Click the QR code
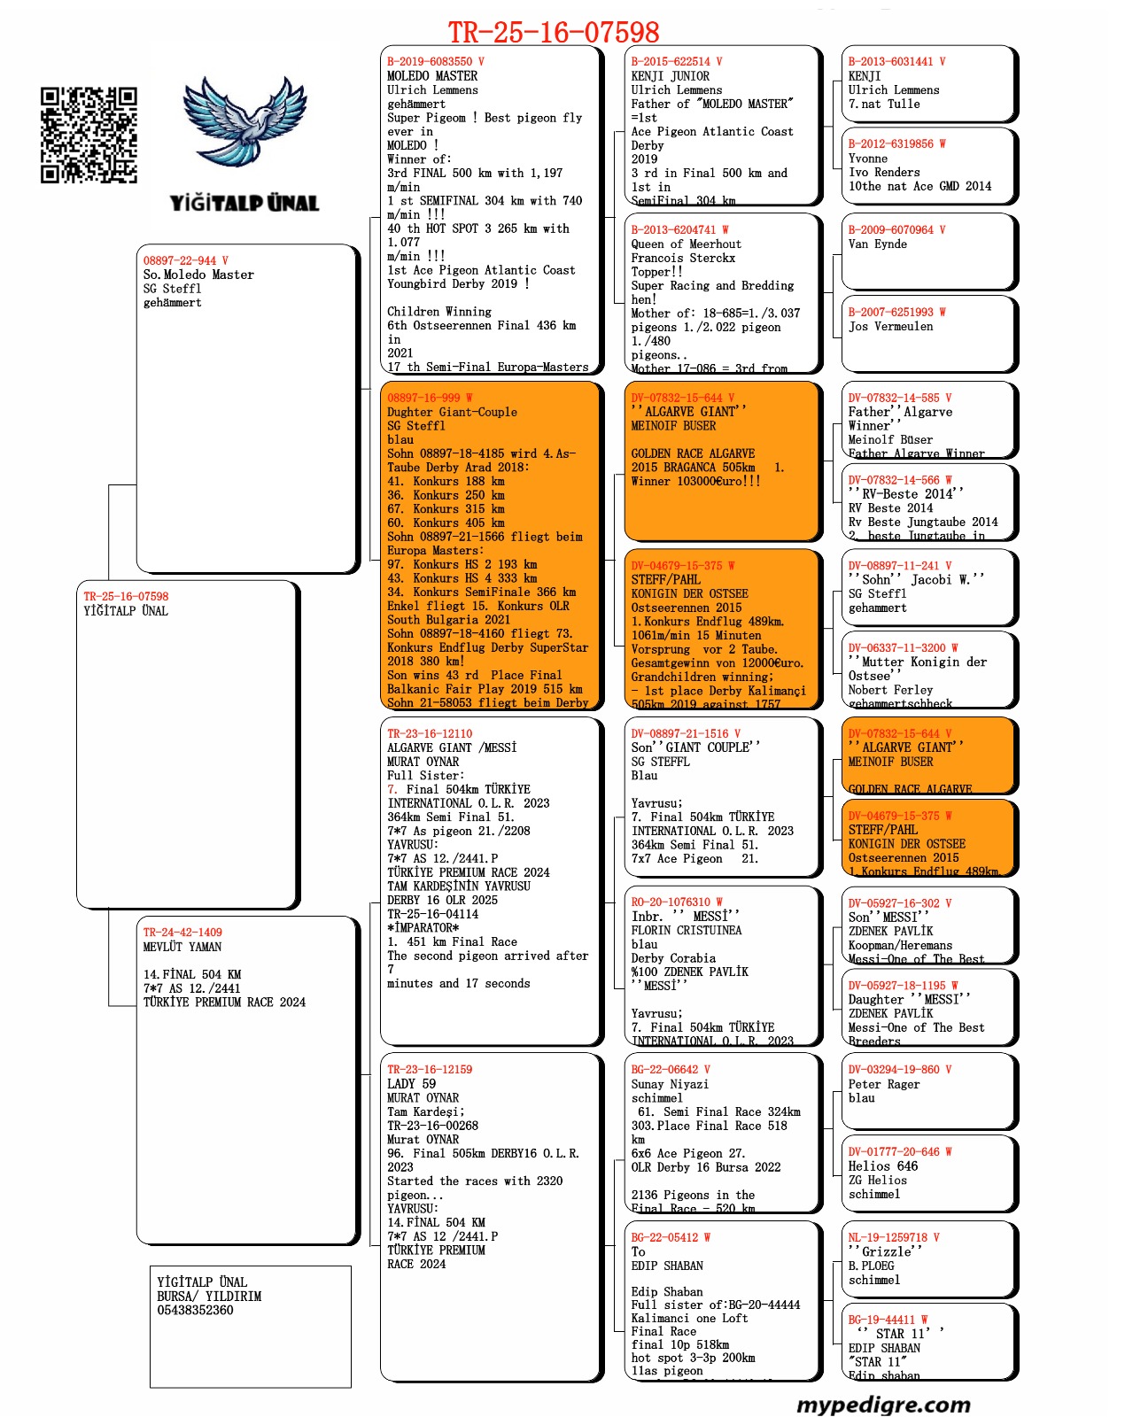click(x=89, y=135)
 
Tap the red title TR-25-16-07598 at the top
click(x=554, y=33)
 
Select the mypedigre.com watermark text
click(x=883, y=1404)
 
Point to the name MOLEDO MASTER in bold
click(x=432, y=76)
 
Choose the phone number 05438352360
click(x=195, y=1310)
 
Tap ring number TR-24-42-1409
click(x=182, y=933)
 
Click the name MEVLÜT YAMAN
click(x=182, y=947)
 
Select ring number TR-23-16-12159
click(x=430, y=1070)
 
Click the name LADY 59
click(x=411, y=1084)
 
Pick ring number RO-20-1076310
click(x=671, y=902)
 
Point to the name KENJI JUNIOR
click(x=670, y=76)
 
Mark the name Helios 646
click(x=883, y=1166)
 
